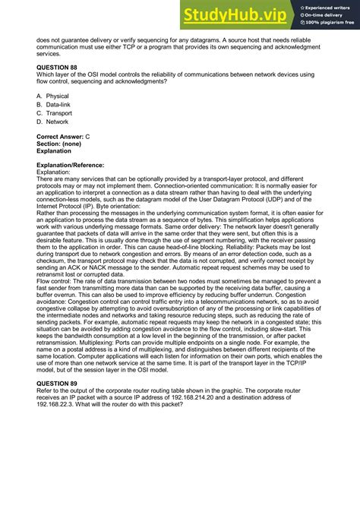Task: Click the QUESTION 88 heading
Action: point(62,67)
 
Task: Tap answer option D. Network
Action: point(52,122)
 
